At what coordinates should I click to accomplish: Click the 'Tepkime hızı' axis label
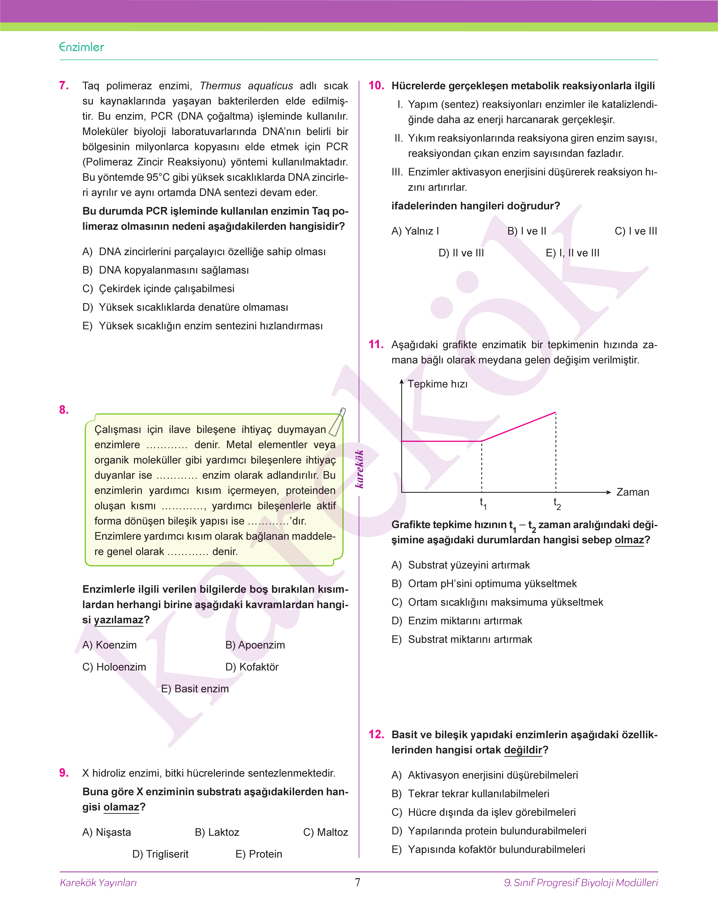click(437, 384)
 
